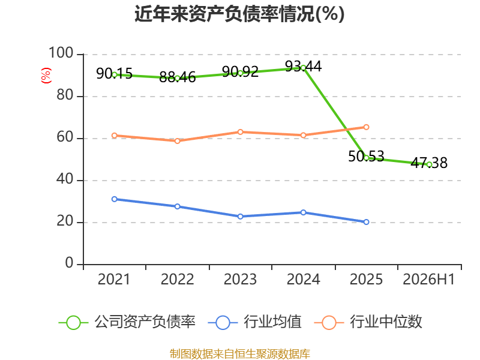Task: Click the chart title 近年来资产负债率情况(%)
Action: tap(239, 14)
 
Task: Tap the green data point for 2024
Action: tap(303, 68)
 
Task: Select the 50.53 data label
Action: tap(366, 157)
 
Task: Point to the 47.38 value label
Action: tap(429, 163)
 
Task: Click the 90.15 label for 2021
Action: tap(114, 73)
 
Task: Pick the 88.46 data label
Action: tap(177, 77)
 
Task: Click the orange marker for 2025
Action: tap(366, 127)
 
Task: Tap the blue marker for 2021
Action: tap(115, 199)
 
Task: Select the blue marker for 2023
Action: tap(241, 217)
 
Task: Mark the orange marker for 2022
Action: tap(177, 141)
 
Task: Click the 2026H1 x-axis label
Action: tap(429, 279)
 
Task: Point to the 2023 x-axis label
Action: tap(241, 279)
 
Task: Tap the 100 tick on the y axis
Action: tap(61, 53)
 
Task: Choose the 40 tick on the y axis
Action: tap(65, 179)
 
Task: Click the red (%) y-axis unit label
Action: tap(46, 76)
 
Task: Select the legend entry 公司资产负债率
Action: tap(127, 322)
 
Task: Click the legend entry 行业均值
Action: tap(254, 322)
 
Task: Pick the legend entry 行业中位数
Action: tap(368, 322)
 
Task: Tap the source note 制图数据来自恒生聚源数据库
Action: tap(240, 354)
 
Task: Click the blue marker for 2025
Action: tap(366, 222)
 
